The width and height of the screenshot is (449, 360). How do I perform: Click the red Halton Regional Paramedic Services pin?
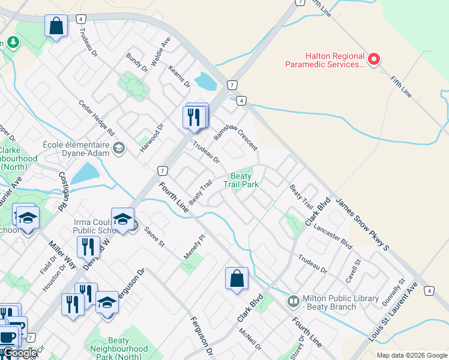[373, 59]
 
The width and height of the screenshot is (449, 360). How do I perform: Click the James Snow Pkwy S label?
[362, 224]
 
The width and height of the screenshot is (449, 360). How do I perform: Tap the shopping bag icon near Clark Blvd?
[237, 278]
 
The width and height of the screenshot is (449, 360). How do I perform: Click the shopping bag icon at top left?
[56, 26]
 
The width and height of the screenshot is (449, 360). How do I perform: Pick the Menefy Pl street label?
[194, 246]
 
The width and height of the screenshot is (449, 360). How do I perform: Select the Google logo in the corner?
[20, 353]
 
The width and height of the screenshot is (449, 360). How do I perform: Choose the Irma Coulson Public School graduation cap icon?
[122, 219]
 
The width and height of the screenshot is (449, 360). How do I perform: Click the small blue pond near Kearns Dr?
[205, 80]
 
